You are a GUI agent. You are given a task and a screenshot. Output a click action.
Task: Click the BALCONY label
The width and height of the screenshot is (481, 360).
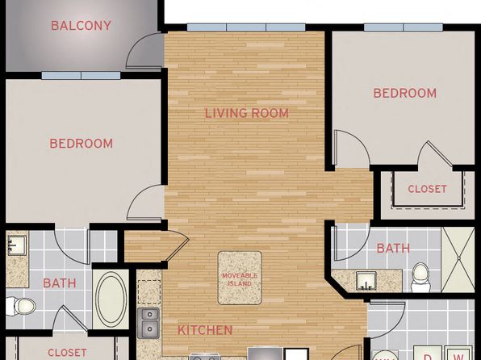point(81,26)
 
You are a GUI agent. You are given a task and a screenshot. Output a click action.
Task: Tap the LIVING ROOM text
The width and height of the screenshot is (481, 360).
point(247,113)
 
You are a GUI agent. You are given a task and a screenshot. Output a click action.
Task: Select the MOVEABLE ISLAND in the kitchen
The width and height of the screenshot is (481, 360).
point(240,278)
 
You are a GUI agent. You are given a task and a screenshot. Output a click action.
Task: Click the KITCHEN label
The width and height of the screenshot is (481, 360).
point(205,330)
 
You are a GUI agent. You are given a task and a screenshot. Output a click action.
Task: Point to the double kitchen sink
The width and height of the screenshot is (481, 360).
point(148,323)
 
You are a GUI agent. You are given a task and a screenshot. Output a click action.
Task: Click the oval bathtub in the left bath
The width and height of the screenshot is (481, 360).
point(111,299)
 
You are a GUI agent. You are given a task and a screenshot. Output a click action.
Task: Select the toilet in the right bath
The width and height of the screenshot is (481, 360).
point(420,278)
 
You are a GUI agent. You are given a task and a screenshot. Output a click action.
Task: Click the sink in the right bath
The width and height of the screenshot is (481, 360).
point(367,281)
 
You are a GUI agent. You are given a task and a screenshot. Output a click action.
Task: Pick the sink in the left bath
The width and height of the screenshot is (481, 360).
point(17,245)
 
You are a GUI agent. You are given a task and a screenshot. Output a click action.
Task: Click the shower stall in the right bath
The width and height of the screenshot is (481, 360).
point(458,259)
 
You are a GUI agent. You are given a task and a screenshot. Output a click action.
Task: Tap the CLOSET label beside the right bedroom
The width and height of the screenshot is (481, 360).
point(427,189)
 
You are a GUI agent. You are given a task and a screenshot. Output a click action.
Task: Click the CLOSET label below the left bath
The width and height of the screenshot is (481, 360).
point(67,353)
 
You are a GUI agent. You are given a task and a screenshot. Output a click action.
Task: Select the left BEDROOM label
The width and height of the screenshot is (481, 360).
point(82,144)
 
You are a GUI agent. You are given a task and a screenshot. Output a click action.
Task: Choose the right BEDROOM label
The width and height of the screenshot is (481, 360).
point(405,93)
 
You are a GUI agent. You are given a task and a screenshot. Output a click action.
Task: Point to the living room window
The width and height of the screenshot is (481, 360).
point(246,27)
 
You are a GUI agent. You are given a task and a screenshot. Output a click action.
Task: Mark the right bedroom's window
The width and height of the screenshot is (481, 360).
point(404,27)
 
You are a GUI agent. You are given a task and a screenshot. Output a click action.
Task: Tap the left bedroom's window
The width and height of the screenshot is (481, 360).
point(81,76)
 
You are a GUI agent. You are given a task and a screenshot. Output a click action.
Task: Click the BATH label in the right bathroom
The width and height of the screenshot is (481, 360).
point(393,249)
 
